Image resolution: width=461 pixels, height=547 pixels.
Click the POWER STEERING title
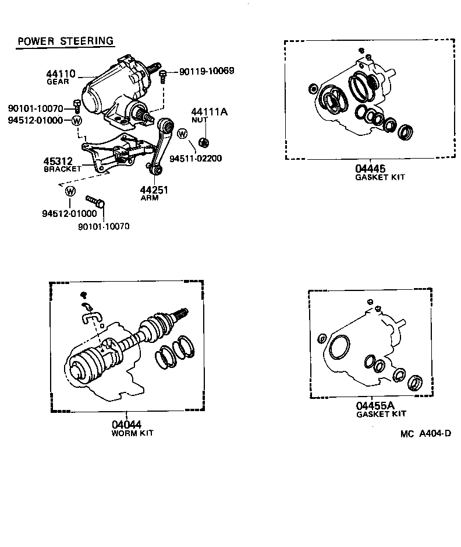(x=65, y=41)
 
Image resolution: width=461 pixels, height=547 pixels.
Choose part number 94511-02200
(x=196, y=158)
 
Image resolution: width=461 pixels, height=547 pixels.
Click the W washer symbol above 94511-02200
(x=183, y=134)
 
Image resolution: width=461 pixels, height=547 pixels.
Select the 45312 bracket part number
(x=58, y=161)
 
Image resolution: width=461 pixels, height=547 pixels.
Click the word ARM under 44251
(x=150, y=198)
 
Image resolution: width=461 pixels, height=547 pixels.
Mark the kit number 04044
(x=126, y=425)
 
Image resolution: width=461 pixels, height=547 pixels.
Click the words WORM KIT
(x=132, y=433)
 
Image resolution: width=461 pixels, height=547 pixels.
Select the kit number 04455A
(x=375, y=405)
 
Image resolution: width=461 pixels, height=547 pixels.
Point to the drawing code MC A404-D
(x=425, y=434)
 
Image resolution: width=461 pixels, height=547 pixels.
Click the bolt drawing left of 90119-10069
(x=164, y=75)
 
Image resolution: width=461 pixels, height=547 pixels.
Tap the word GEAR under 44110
(x=58, y=82)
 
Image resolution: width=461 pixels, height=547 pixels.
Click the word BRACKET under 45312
(x=63, y=169)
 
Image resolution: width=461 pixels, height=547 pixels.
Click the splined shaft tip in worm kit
(x=183, y=311)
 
